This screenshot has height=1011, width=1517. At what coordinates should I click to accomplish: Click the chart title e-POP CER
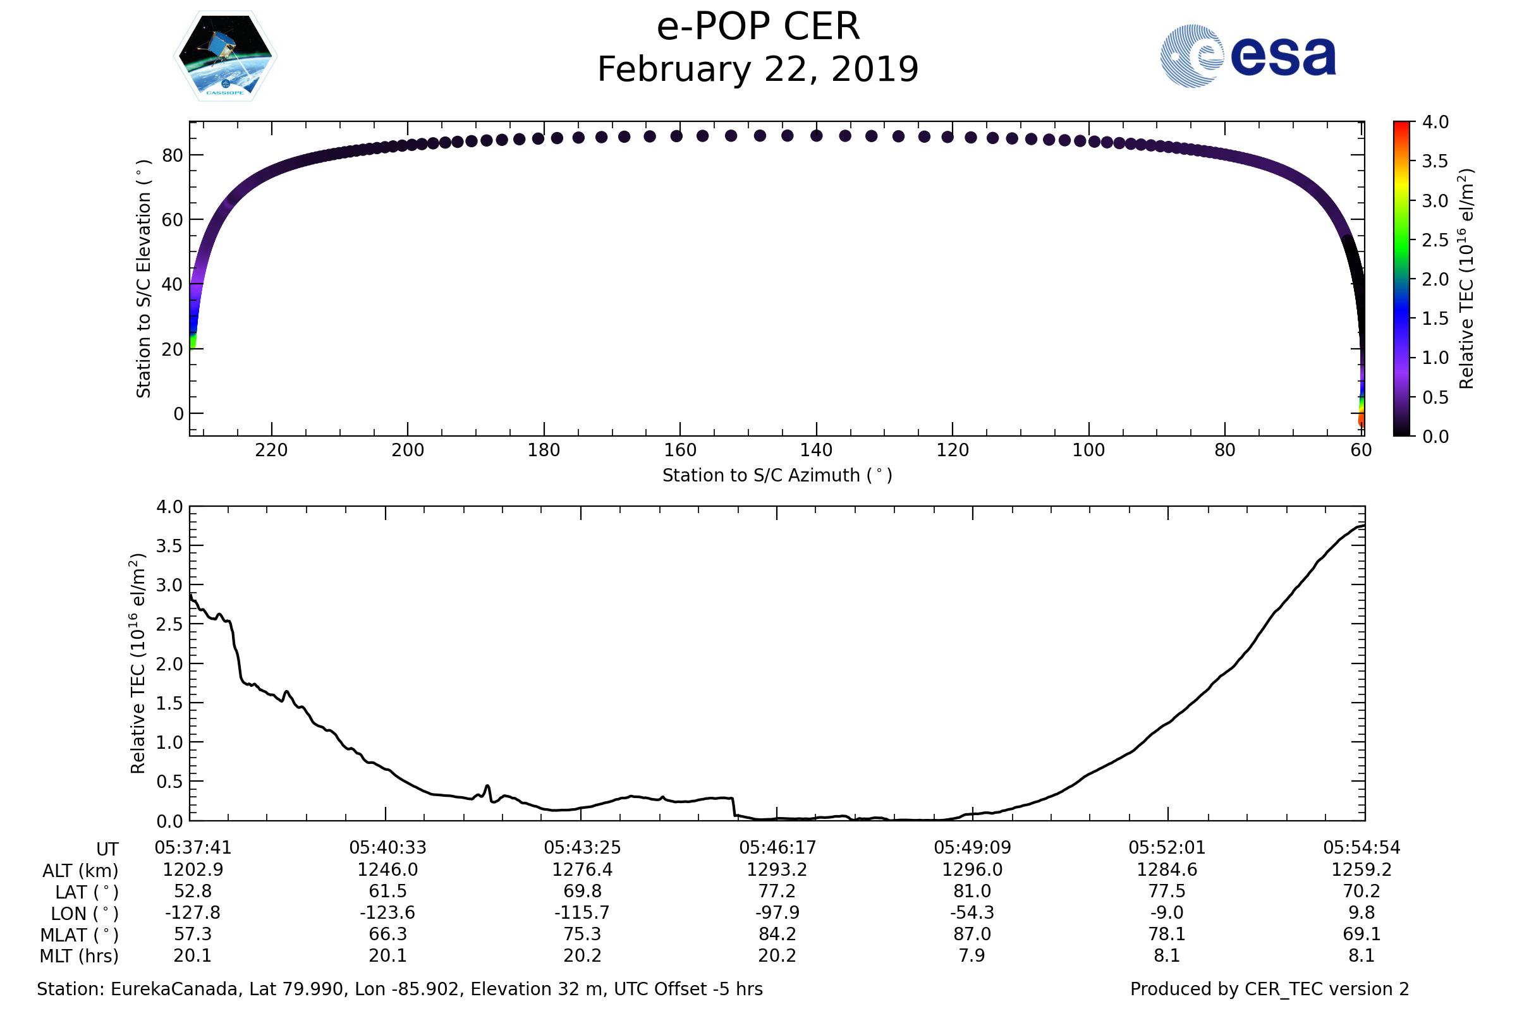point(758,27)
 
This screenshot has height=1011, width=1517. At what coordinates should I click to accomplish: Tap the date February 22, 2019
point(758,70)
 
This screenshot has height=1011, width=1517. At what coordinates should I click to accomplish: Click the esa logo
point(1247,56)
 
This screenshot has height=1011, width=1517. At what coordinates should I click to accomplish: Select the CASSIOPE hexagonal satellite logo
point(226,56)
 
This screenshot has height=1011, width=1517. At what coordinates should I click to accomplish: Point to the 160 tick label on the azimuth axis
point(680,450)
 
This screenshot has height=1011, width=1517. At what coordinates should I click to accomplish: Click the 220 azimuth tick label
point(271,450)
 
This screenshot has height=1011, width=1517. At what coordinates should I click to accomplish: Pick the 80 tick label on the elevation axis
point(172,155)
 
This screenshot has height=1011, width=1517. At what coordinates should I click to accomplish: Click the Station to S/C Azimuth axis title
point(777,476)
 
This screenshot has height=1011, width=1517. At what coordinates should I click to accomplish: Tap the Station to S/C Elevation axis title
point(144,279)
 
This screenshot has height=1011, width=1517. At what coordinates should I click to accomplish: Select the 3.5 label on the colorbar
point(1435,161)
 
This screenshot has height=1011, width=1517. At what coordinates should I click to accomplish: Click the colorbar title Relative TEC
point(1466,279)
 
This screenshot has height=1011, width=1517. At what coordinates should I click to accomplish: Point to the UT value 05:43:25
point(582,848)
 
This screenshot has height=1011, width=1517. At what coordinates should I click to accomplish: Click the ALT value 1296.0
point(972,870)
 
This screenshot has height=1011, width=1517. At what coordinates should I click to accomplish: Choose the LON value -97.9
point(777,913)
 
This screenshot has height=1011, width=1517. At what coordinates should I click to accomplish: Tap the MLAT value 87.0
point(972,935)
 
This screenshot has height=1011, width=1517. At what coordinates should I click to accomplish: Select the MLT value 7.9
point(972,955)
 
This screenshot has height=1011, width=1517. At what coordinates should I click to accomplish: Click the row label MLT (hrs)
point(80,956)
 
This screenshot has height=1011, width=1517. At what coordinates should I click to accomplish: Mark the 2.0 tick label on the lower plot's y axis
point(169,664)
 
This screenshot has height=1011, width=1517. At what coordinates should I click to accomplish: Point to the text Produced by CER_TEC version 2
point(1269,989)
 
